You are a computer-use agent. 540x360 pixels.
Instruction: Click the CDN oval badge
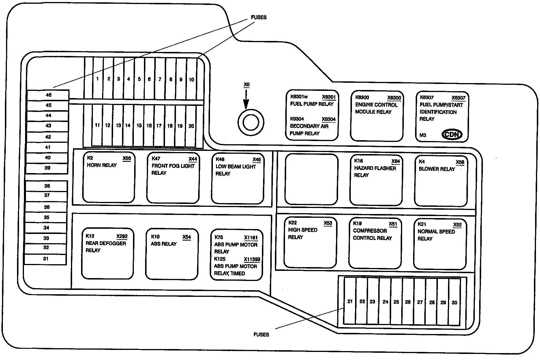click(452, 134)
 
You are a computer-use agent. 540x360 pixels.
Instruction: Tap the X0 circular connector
click(251, 123)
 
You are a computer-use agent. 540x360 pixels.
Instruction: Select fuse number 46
click(48, 95)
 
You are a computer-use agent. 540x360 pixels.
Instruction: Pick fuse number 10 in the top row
click(192, 79)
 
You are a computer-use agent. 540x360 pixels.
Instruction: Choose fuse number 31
click(46, 259)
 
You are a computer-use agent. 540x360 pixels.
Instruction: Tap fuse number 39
click(47, 168)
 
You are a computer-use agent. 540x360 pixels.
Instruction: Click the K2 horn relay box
click(109, 177)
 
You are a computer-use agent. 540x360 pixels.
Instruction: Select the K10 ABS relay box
click(172, 254)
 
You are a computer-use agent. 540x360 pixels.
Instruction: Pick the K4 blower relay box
click(441, 181)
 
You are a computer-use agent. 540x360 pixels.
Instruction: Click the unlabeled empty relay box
click(311, 179)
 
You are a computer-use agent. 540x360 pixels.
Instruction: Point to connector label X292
click(122, 237)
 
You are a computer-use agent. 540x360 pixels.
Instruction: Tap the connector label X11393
click(252, 259)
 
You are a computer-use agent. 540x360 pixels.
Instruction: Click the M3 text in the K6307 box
click(423, 135)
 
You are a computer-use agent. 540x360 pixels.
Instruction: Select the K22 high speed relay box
click(310, 243)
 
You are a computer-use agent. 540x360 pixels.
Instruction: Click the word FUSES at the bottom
click(261, 335)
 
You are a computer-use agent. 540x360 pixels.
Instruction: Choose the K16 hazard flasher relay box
click(376, 180)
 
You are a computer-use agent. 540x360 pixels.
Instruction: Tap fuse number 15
click(139, 125)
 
